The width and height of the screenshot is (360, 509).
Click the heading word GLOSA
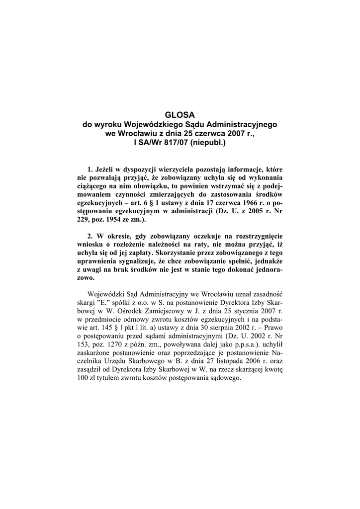click(x=180, y=114)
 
